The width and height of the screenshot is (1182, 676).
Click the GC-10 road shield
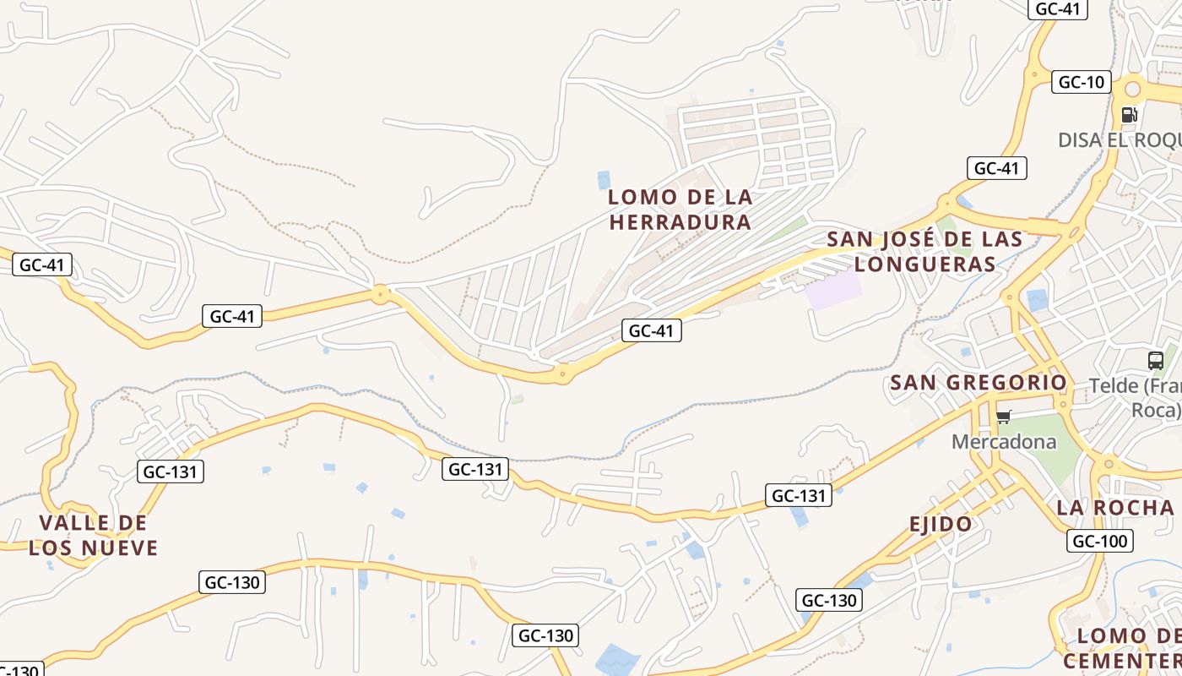coord(1081,82)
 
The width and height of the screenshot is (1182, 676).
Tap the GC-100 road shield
coord(1099,541)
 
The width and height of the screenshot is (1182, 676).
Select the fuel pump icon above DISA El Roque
coord(1129,115)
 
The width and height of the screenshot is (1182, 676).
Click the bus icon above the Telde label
coord(1156,361)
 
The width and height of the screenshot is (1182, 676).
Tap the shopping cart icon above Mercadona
coord(1003,417)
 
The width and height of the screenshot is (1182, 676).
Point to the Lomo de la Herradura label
coord(680,210)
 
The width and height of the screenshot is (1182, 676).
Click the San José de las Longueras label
coord(924,252)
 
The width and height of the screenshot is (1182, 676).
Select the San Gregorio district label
coord(979,383)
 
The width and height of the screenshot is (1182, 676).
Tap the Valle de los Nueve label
coord(93,535)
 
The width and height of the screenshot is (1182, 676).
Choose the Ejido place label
coord(941,524)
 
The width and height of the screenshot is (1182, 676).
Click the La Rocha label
coord(1114,508)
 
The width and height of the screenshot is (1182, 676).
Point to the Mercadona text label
coord(1003,442)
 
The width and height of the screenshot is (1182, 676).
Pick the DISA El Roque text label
coord(1119,139)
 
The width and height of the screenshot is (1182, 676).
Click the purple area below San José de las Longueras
coord(834,290)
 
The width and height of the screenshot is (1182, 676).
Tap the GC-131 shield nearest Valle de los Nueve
coord(171,472)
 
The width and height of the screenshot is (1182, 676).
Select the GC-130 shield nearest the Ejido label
coord(829,600)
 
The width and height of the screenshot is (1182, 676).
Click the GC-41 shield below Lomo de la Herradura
coord(651,330)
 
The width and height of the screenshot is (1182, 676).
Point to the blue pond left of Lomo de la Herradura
coord(604,179)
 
